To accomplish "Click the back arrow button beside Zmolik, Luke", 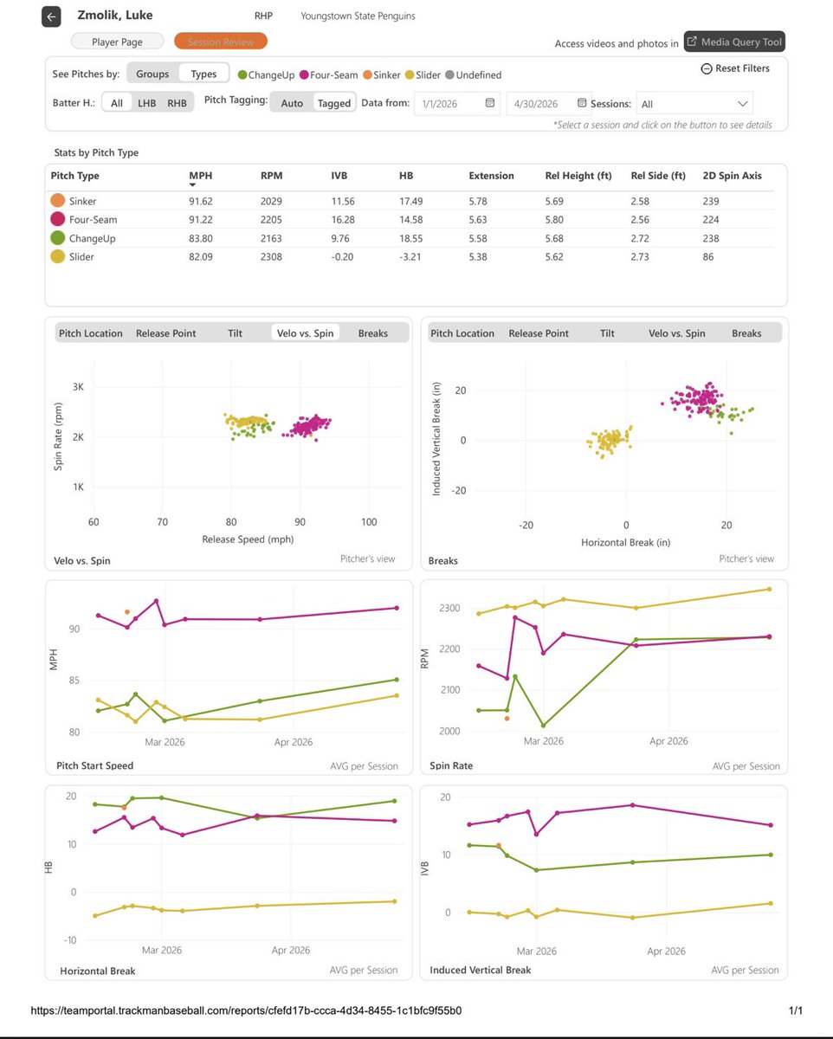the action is click(x=51, y=17).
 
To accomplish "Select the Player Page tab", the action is click(x=117, y=42).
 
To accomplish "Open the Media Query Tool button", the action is click(x=734, y=42).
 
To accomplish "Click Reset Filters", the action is click(x=735, y=68).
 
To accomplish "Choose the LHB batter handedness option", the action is click(x=147, y=103).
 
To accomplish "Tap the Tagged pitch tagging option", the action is click(x=333, y=103).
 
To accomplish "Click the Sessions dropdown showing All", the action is click(x=694, y=104).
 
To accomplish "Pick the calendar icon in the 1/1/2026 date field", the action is click(x=489, y=103).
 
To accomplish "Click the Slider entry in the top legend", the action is click(x=423, y=74).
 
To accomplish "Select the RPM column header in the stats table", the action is click(x=271, y=176).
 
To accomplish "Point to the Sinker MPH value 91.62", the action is click(x=200, y=202).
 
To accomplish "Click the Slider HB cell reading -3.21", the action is click(x=410, y=257).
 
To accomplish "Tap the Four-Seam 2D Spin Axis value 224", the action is click(x=711, y=220).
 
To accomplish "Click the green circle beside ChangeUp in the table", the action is click(x=57, y=238).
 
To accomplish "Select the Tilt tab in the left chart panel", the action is click(x=235, y=333).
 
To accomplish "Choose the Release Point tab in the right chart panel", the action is click(x=539, y=333).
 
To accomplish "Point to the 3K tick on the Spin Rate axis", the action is click(x=78, y=387).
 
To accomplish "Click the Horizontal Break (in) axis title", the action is click(x=625, y=542).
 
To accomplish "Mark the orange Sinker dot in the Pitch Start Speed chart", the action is click(x=127, y=612).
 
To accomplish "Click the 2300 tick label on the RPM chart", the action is click(x=449, y=608).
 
